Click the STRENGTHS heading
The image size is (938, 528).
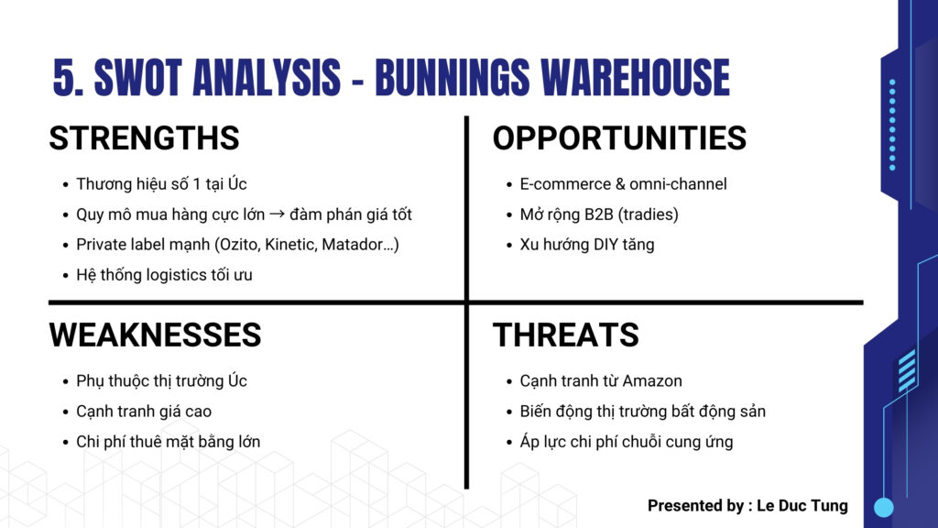point(144,137)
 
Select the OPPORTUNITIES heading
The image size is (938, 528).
point(619,137)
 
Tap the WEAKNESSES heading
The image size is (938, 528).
point(155,335)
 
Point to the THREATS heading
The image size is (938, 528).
point(565,335)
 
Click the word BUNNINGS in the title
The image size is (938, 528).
point(453,77)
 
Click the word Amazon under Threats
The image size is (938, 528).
point(652,380)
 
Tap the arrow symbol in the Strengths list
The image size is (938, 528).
point(277,214)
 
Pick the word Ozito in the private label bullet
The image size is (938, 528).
point(237,244)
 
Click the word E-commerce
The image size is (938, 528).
point(564,183)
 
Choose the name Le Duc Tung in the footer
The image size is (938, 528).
point(802,506)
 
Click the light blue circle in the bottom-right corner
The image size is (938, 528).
point(884,507)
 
